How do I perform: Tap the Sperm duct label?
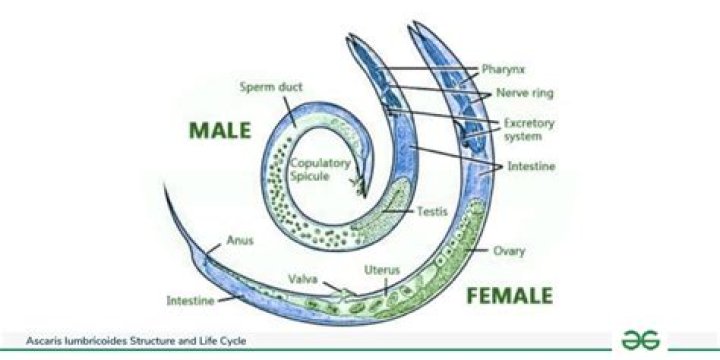click(265, 87)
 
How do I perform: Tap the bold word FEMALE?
click(508, 296)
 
